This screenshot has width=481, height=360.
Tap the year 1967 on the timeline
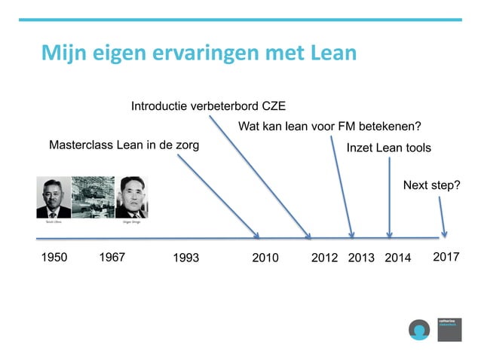pyautogui.click(x=112, y=258)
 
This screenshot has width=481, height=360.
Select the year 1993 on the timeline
pyautogui.click(x=185, y=258)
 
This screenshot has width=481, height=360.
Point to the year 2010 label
pyautogui.click(x=265, y=258)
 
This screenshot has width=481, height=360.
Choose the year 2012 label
pyautogui.click(x=324, y=258)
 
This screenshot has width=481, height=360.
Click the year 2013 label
pyautogui.click(x=361, y=258)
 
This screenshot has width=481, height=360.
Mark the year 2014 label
pyautogui.click(x=398, y=258)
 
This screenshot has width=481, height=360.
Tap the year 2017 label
pyautogui.click(x=446, y=258)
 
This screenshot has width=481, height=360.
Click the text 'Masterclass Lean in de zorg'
pyautogui.click(x=124, y=145)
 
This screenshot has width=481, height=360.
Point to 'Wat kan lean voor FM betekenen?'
pyautogui.click(x=329, y=126)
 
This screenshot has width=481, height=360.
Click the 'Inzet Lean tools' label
pyautogui.click(x=388, y=148)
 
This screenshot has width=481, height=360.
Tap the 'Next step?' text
pyautogui.click(x=432, y=185)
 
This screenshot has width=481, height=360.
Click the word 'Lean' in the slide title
pyautogui.click(x=332, y=53)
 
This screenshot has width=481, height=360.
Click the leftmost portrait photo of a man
pyautogui.click(x=54, y=197)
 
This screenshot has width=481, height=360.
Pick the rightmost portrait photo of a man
pyautogui.click(x=131, y=197)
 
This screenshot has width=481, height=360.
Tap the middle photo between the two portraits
pyautogui.click(x=93, y=197)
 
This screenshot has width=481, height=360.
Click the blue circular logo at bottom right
pyautogui.click(x=418, y=329)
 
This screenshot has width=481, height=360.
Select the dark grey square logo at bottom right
pyautogui.click(x=449, y=329)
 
